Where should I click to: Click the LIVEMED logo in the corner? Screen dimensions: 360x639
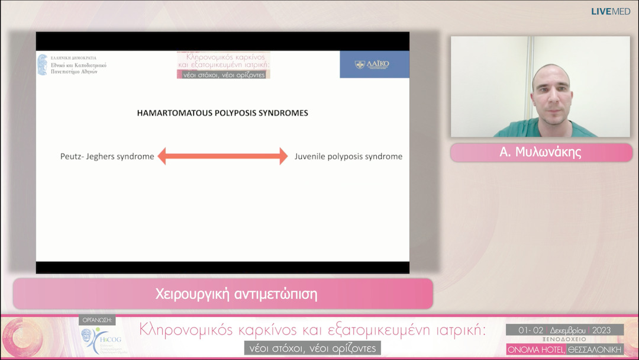(x=611, y=11)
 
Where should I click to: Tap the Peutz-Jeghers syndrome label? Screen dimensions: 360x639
(x=107, y=157)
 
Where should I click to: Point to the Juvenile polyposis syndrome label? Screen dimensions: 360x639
(x=348, y=157)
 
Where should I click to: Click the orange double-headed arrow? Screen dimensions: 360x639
(x=222, y=156)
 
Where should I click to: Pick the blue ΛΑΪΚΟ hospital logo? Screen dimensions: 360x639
(x=374, y=65)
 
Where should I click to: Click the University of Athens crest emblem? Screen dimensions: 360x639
(x=43, y=65)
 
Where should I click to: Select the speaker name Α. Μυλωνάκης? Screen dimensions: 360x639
(x=540, y=152)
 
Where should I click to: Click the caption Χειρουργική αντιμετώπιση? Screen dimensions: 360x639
(x=236, y=294)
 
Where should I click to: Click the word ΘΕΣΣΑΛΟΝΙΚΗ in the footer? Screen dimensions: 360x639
(x=595, y=349)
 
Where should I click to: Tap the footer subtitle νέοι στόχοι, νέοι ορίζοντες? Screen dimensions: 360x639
(x=312, y=348)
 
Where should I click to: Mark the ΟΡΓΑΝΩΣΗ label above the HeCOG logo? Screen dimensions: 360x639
(x=97, y=321)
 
